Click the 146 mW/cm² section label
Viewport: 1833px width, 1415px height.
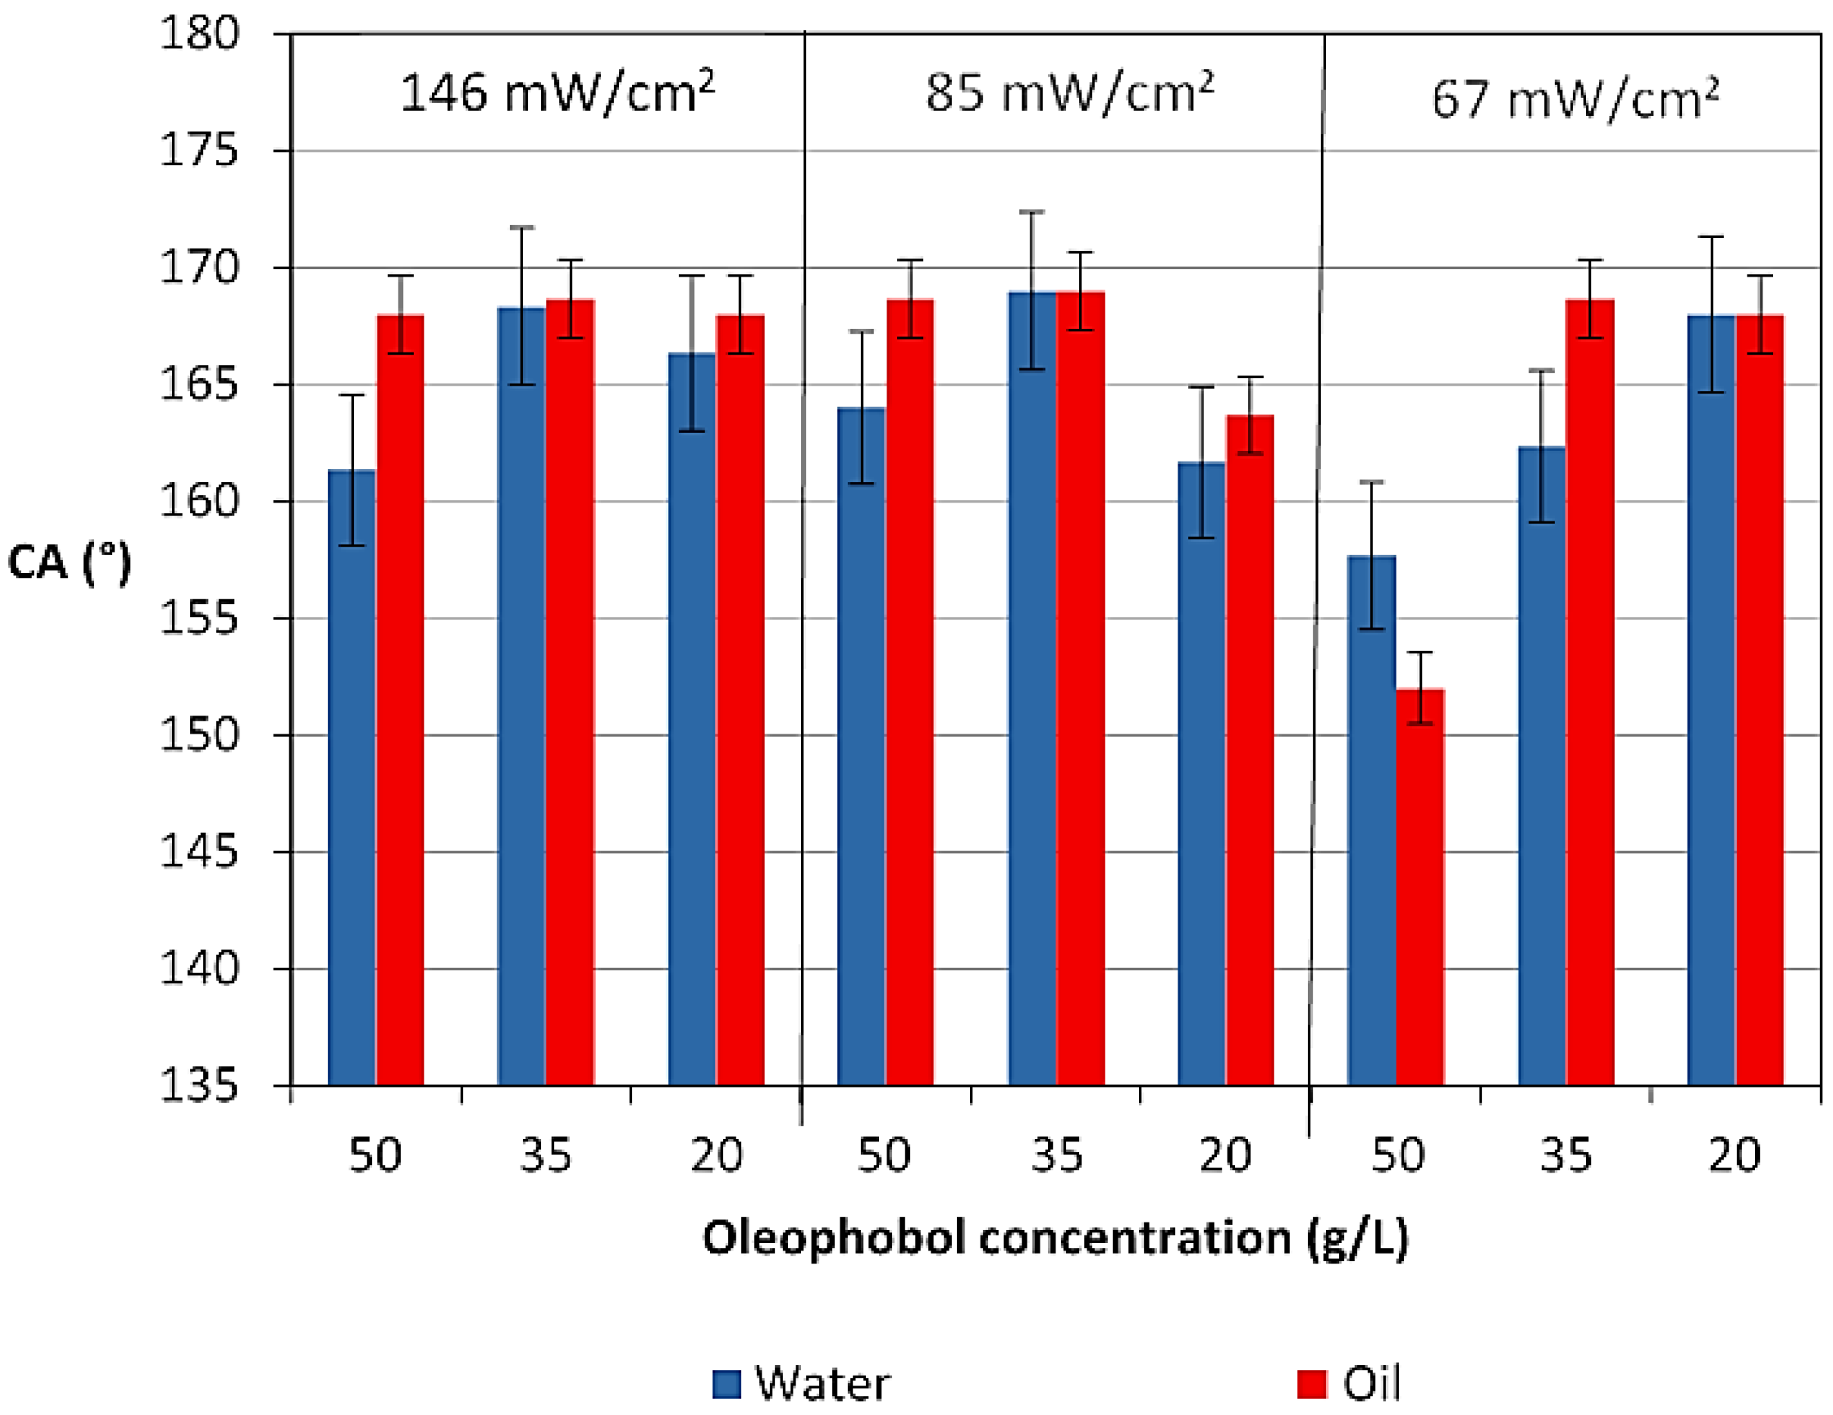[x=556, y=92]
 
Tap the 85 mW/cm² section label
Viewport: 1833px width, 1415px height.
[x=1069, y=92]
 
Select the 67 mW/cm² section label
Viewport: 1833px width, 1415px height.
[x=1575, y=99]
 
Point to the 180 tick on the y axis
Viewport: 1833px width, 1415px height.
[x=200, y=36]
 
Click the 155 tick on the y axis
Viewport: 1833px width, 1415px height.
[x=200, y=619]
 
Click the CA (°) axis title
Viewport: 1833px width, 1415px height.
[x=70, y=562]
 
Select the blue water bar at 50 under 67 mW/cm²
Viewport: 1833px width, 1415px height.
[x=1372, y=822]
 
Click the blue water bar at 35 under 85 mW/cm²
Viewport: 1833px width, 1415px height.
[x=1032, y=688]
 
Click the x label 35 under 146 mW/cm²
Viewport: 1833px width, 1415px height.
[x=546, y=1156]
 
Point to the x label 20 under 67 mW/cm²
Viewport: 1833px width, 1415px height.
[x=1734, y=1156]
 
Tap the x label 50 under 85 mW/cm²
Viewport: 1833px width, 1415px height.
[x=884, y=1156]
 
